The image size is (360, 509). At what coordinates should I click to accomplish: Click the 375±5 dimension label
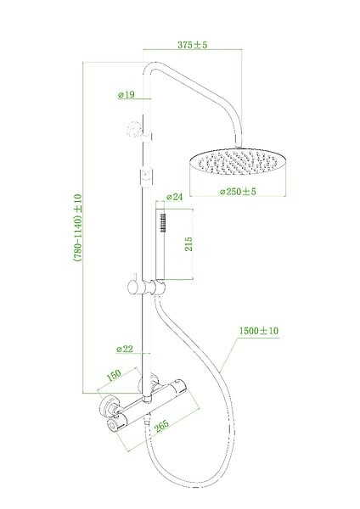193,44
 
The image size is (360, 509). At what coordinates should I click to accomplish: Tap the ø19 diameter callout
126,94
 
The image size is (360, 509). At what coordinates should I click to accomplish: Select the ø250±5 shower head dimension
238,192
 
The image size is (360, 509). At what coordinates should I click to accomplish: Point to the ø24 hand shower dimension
174,197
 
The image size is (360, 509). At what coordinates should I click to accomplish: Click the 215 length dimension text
188,243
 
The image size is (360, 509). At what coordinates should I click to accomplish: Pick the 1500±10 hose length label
259,331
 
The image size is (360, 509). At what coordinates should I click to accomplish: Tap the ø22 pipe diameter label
125,349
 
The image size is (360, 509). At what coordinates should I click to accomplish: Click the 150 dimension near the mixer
114,375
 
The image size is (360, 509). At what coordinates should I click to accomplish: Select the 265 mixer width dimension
161,426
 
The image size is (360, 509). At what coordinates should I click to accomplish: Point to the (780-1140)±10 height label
78,227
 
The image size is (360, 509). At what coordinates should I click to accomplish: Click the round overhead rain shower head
238,162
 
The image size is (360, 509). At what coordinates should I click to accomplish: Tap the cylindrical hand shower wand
160,243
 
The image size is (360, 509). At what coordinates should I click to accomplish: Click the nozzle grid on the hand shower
163,222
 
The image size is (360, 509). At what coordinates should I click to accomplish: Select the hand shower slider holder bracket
147,287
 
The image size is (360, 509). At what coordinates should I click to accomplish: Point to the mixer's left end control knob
114,425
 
